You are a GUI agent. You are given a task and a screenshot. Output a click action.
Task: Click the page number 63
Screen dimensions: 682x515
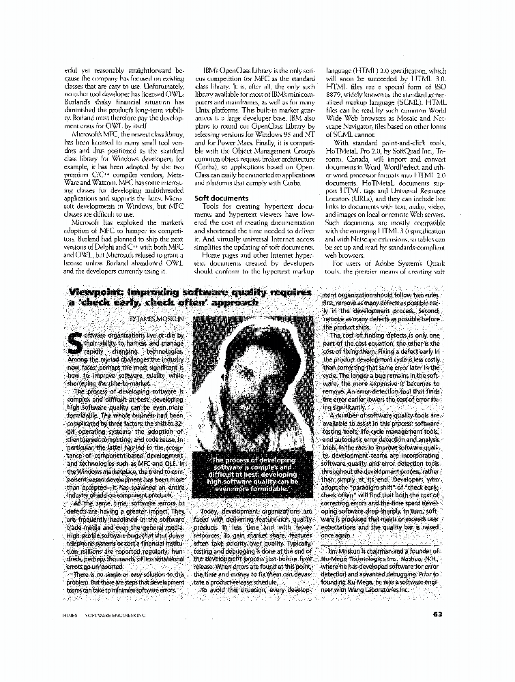point(437,612)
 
